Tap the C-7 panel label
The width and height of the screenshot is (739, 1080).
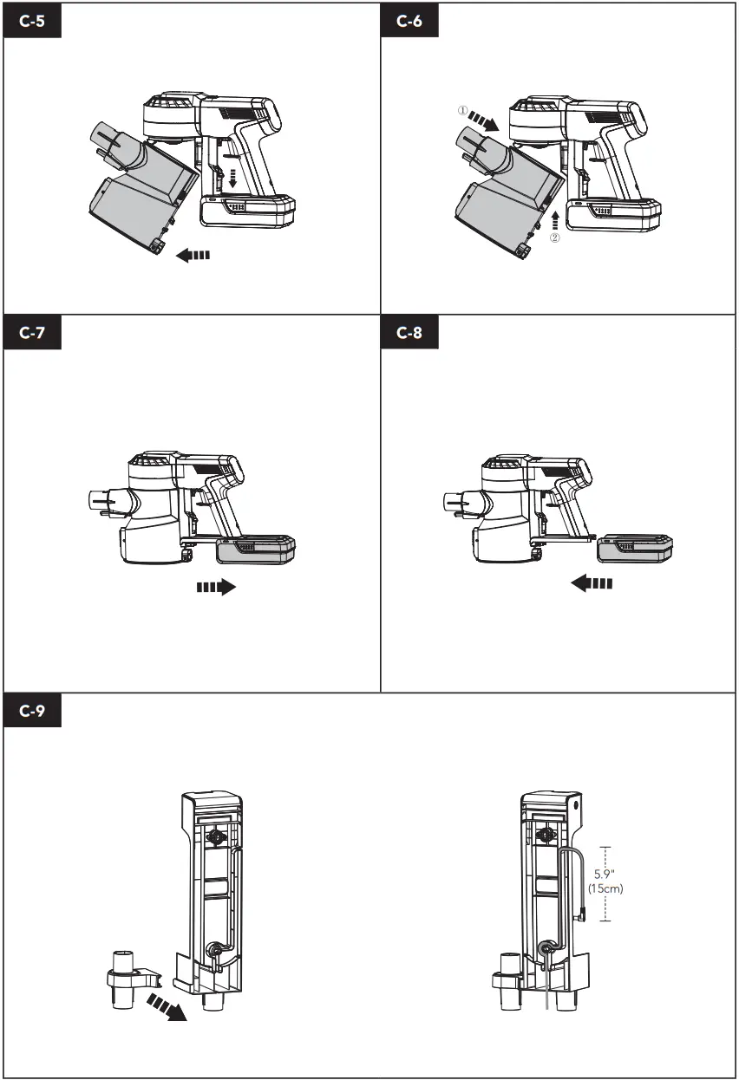(x=33, y=334)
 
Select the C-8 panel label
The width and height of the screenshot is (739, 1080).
(x=409, y=334)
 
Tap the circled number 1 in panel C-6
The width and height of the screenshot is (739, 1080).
(x=463, y=112)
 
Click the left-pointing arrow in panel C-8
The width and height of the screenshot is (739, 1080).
(x=592, y=584)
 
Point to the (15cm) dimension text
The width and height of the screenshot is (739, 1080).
(x=605, y=888)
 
